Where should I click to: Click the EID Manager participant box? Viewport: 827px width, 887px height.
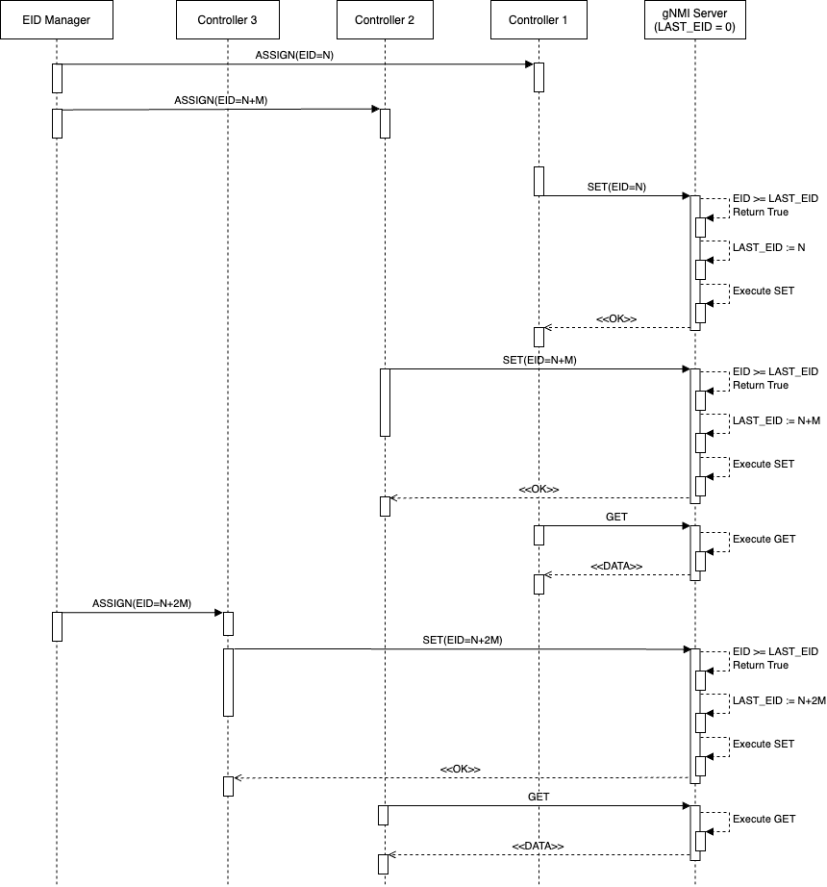(x=57, y=20)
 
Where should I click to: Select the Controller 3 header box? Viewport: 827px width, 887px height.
(x=227, y=20)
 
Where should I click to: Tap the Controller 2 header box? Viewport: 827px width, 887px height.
(x=385, y=20)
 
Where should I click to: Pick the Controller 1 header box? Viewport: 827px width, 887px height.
(x=539, y=20)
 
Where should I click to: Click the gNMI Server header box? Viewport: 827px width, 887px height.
(x=694, y=20)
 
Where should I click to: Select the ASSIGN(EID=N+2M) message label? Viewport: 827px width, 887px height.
(x=141, y=602)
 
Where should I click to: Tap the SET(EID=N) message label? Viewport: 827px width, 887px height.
(x=615, y=185)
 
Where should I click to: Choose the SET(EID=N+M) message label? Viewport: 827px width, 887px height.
(x=539, y=359)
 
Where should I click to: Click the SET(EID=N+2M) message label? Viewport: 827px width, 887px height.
(x=463, y=639)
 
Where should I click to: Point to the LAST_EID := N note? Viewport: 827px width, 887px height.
(x=768, y=247)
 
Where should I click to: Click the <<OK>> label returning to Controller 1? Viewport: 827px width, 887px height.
(x=616, y=317)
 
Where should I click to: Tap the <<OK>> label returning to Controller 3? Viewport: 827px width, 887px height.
(x=460, y=769)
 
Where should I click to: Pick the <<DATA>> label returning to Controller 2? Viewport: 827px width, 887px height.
(x=538, y=846)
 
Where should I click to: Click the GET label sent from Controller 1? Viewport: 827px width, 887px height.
(x=616, y=517)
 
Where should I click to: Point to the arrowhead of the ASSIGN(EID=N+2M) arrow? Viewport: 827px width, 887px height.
(x=220, y=612)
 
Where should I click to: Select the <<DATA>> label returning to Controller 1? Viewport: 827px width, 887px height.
(x=616, y=566)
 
